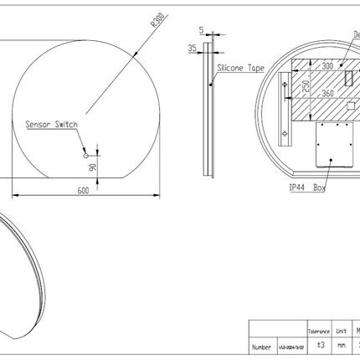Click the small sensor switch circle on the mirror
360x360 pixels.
[85, 157]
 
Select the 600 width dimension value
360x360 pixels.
[83, 191]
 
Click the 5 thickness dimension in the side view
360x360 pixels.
[202, 32]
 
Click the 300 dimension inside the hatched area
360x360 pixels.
[327, 64]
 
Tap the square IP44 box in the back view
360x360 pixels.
[334, 146]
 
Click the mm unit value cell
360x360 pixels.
[342, 345]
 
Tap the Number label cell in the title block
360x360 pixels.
[260, 345]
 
